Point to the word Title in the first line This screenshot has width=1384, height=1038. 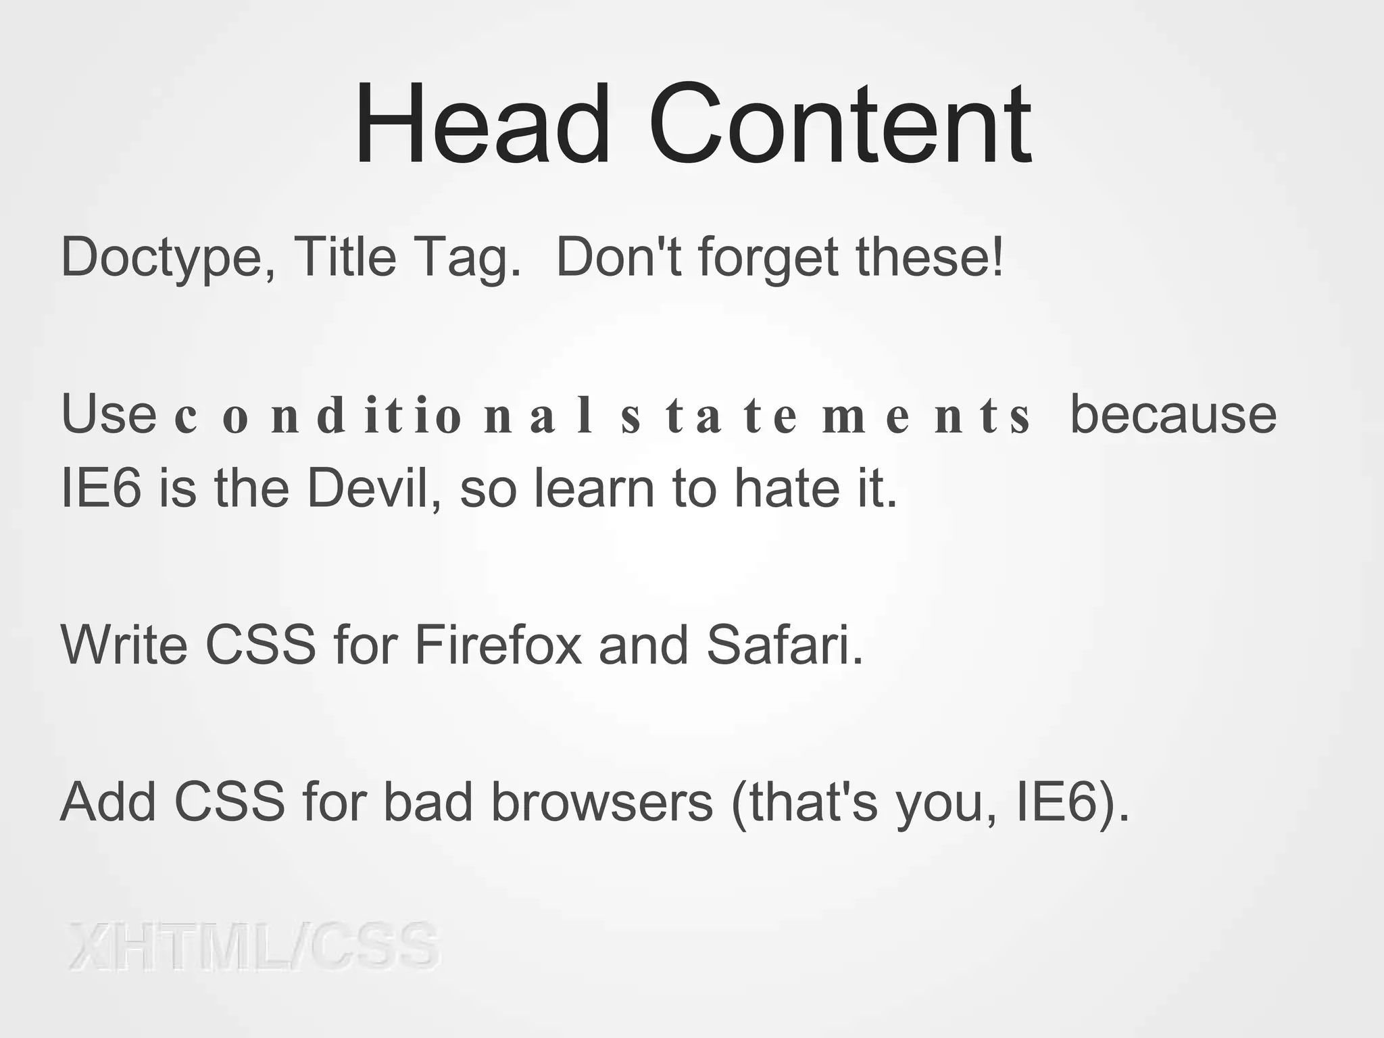345,257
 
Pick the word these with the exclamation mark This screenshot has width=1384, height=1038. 930,257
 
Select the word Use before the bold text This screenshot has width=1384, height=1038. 109,414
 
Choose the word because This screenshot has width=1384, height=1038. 1173,414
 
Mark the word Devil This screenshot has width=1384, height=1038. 375,488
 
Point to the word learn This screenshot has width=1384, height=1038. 595,488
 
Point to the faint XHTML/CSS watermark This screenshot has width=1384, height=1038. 253,946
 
